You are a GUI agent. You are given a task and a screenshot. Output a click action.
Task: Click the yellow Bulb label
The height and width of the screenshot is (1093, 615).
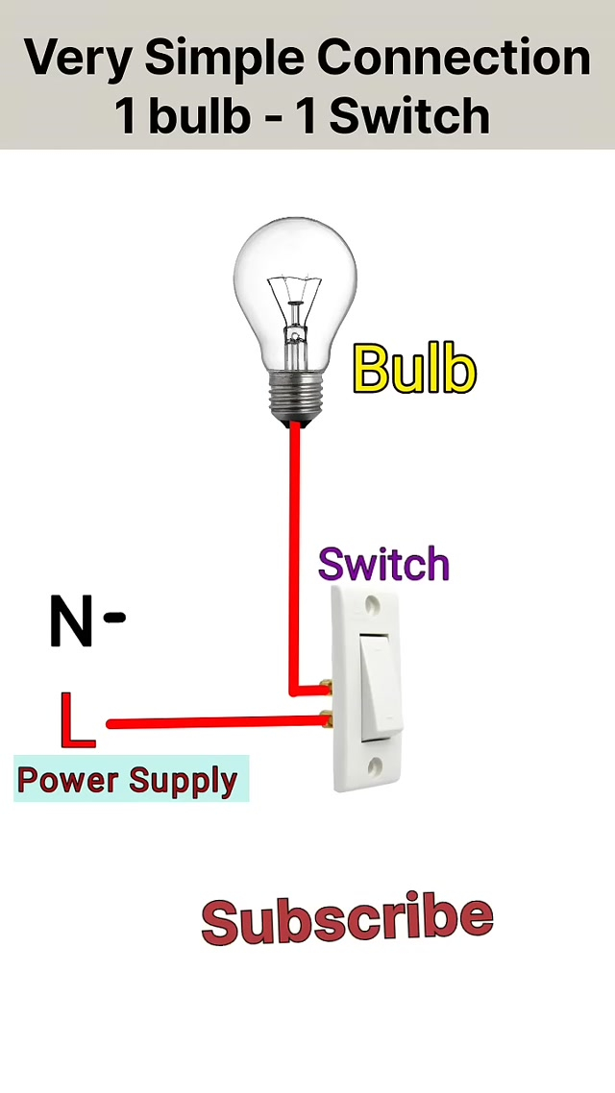click(414, 370)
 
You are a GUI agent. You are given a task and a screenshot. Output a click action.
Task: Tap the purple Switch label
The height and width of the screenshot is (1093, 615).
click(383, 565)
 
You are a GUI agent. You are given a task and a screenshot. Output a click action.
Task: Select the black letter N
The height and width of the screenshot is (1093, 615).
click(71, 621)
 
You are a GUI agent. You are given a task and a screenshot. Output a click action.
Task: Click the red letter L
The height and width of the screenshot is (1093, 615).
click(76, 720)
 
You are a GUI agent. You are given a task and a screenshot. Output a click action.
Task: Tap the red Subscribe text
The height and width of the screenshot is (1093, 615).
click(347, 919)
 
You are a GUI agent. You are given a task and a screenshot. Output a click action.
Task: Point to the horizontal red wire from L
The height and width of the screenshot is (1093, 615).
click(211, 722)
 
